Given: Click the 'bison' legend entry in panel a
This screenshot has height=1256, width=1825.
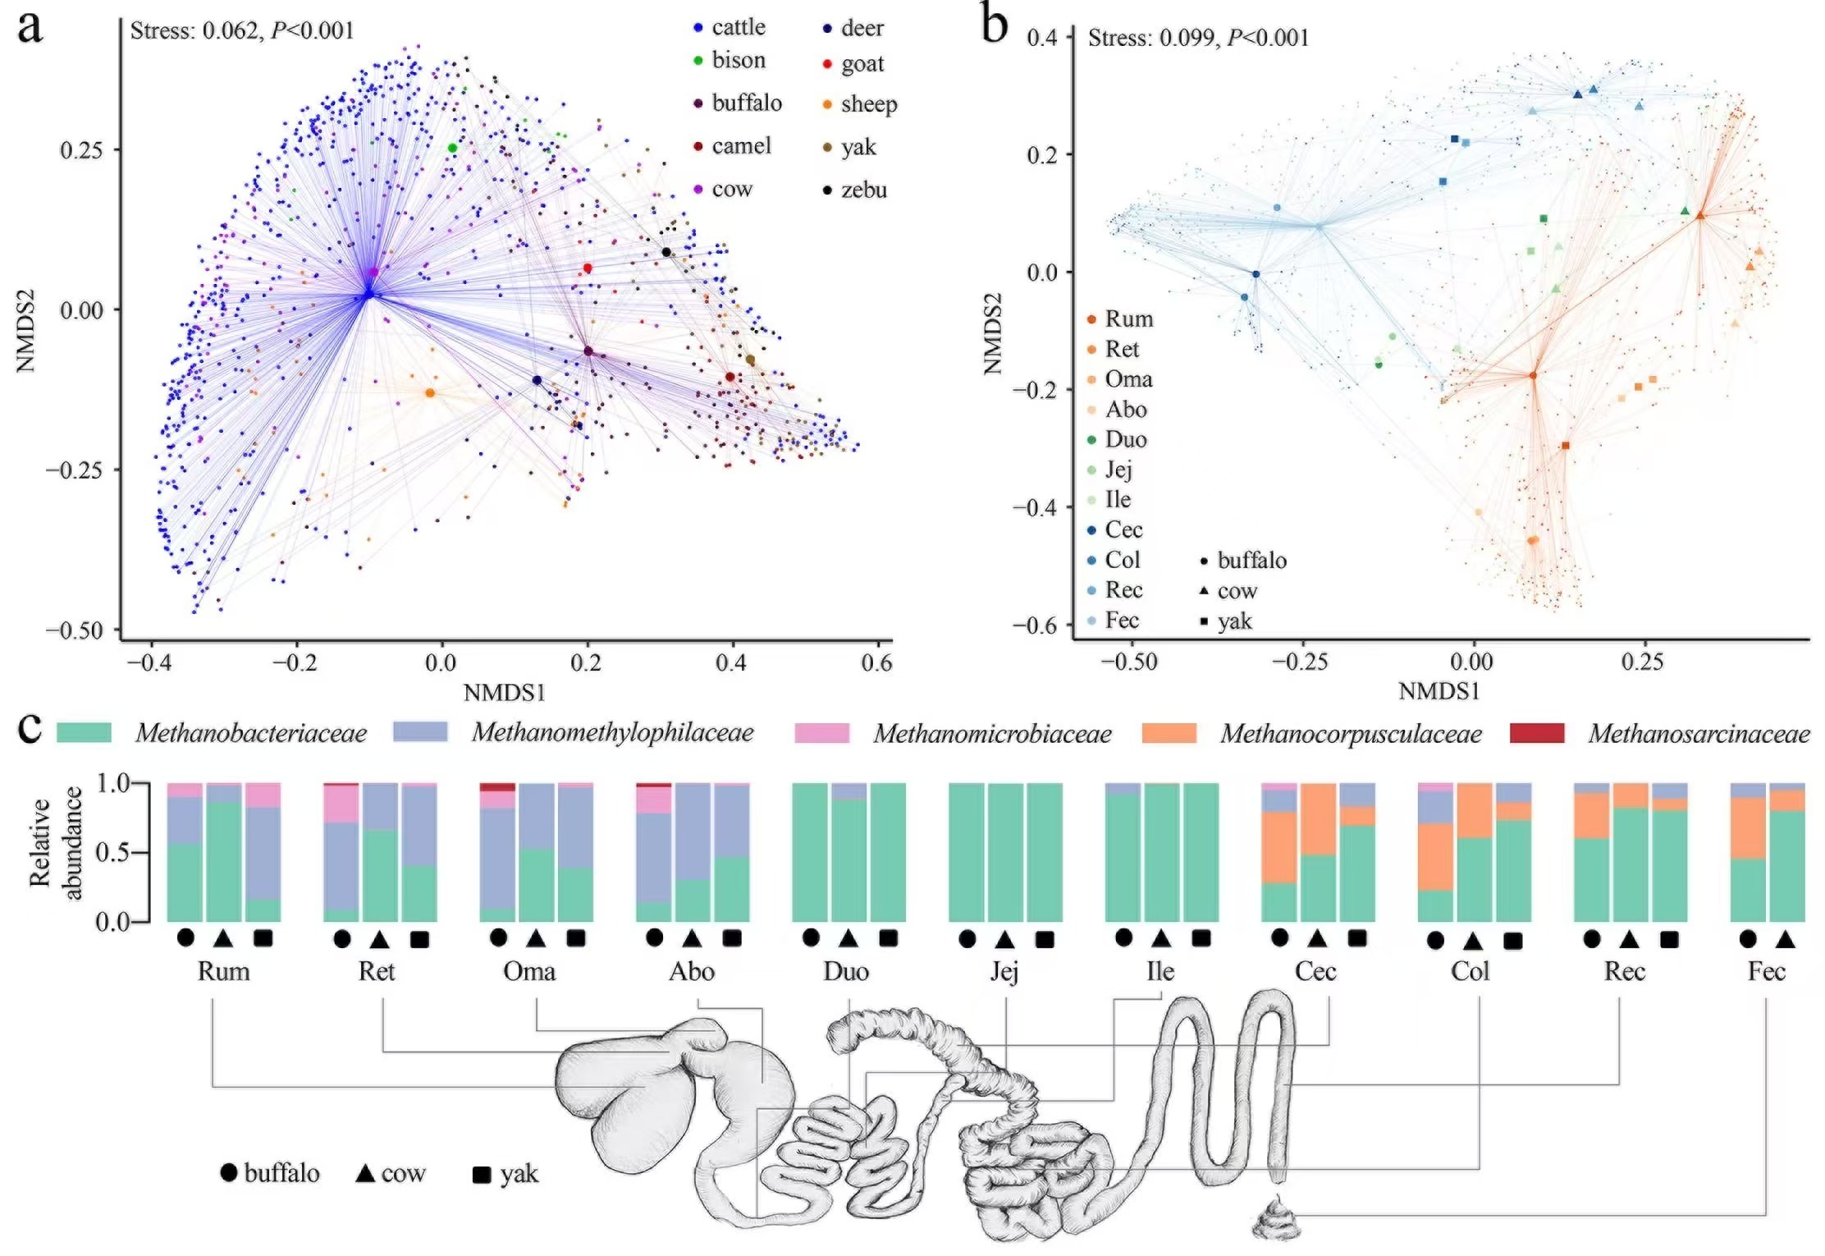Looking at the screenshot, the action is pyautogui.click(x=730, y=60).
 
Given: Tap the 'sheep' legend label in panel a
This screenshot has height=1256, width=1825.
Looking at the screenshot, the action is pyautogui.click(x=869, y=104).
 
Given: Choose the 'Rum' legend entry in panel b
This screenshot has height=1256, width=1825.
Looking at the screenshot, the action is pyautogui.click(x=1119, y=319).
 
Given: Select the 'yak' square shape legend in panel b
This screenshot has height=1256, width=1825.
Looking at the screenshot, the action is pyautogui.click(x=1226, y=621).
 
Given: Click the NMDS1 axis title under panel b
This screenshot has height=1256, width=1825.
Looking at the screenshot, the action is pyautogui.click(x=1439, y=691).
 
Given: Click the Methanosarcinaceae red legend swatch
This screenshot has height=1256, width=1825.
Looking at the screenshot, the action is pyautogui.click(x=1536, y=732).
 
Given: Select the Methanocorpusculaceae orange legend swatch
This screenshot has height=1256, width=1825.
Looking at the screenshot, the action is pyautogui.click(x=1169, y=732).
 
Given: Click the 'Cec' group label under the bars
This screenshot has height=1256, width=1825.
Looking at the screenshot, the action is pyautogui.click(x=1315, y=971).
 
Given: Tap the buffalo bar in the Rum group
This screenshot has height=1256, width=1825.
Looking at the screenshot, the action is pyautogui.click(x=185, y=852).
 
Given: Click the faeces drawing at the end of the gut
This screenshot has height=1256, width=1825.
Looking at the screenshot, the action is pyautogui.click(x=1277, y=1218).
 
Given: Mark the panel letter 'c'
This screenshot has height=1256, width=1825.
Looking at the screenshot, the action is pyautogui.click(x=30, y=727).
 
